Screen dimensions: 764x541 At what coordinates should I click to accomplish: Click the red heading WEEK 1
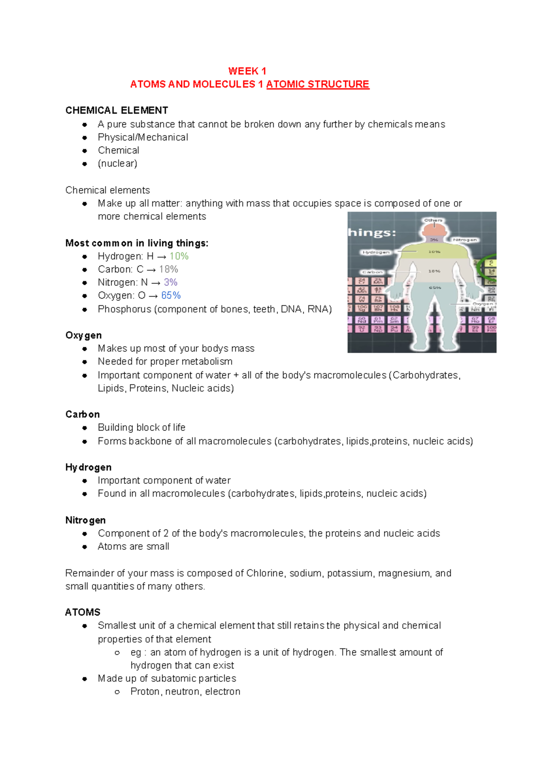[247, 71]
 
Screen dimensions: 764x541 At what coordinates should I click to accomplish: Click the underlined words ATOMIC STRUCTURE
[317, 84]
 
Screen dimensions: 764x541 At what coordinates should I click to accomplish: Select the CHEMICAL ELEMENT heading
[116, 110]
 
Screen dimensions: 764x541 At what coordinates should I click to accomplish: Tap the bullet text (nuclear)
[117, 163]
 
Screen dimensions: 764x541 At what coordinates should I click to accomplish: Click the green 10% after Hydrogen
[179, 256]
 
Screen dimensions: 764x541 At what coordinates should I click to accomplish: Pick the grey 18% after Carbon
[169, 269]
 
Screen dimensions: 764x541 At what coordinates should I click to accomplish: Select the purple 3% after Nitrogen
[170, 282]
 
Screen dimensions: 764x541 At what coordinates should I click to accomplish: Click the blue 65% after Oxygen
[171, 295]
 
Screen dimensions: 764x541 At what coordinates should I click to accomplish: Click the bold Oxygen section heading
[83, 335]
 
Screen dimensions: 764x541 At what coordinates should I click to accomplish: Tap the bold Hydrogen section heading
[88, 467]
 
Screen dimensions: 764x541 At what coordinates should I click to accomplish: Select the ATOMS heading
[83, 612]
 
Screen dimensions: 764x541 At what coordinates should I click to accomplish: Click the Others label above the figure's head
[433, 220]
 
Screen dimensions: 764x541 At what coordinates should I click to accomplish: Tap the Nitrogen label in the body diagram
[465, 240]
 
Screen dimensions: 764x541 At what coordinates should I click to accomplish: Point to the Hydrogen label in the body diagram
[376, 252]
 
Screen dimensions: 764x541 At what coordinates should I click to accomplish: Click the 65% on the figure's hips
[435, 287]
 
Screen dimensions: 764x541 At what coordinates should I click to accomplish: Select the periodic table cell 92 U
[362, 329]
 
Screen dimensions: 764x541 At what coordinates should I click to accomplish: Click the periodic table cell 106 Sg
[362, 308]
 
